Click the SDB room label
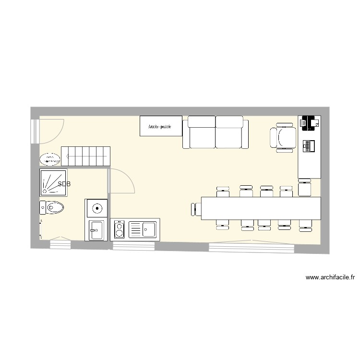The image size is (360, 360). point(63,184)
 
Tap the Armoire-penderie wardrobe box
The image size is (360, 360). point(161,127)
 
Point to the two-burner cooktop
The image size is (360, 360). point(118,229)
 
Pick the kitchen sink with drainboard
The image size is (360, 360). point(142,229)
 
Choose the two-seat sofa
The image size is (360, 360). point(216,132)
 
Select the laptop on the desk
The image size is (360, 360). point(308,145)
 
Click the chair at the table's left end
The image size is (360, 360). point(195,210)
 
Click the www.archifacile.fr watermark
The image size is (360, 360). point(330,277)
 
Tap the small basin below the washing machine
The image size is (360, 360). point(96,230)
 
